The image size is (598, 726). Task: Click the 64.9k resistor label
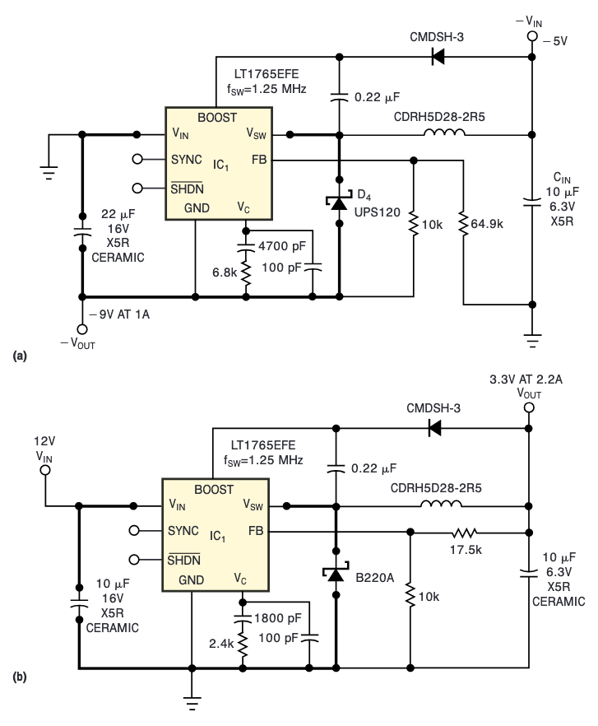point(488,222)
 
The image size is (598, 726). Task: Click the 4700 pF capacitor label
point(283,244)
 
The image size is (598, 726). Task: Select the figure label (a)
point(19,356)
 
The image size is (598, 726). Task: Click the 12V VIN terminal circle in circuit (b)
point(45,470)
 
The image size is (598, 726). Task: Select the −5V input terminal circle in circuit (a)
point(531,38)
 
